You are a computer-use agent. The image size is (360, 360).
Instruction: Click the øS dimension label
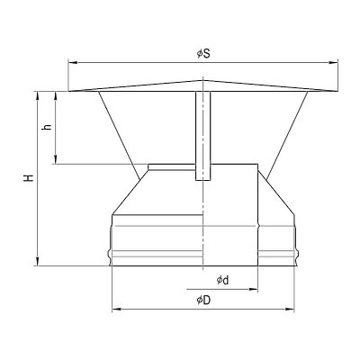click(x=203, y=54)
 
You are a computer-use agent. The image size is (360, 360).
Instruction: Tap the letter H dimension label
click(x=29, y=178)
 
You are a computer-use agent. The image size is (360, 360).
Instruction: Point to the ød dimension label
click(x=222, y=281)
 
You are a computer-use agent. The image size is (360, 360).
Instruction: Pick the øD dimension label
click(x=203, y=300)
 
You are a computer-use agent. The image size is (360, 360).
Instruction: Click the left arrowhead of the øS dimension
click(x=73, y=63)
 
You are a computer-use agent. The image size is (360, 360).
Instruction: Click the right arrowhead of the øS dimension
click(x=334, y=63)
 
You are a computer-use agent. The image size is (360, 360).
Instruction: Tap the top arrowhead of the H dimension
click(x=38, y=96)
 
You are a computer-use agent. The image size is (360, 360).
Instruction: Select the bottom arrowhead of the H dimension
click(x=38, y=261)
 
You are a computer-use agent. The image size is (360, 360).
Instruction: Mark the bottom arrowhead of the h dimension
click(x=56, y=159)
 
